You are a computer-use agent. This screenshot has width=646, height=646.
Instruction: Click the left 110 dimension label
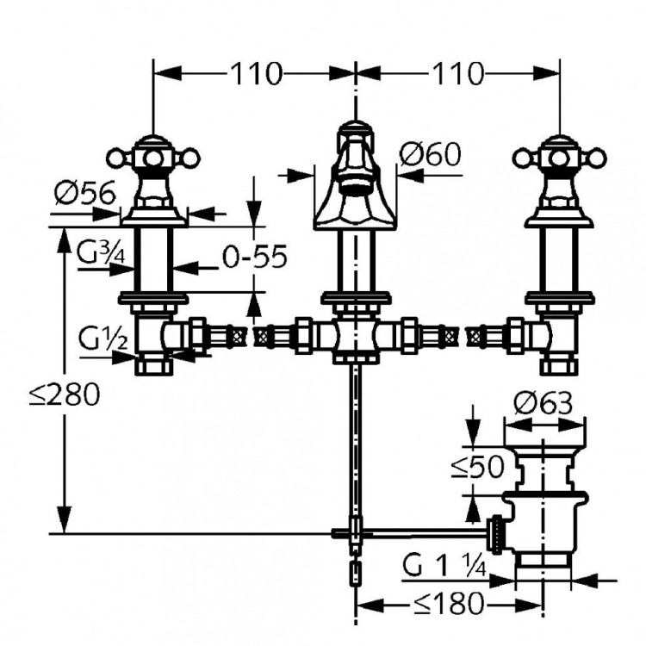coord(256,74)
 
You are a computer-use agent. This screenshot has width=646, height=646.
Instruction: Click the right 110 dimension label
coord(457,74)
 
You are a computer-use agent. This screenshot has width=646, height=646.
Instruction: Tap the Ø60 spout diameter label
coord(432,156)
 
